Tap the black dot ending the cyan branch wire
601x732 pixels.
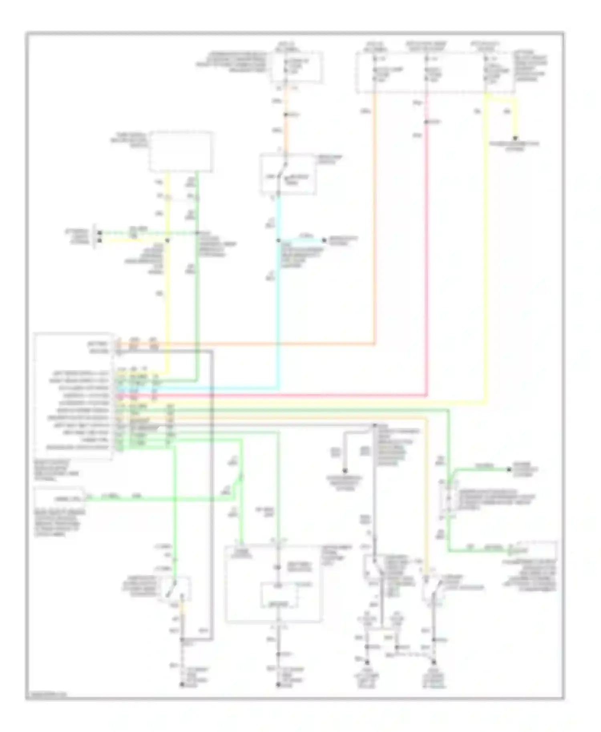point(325,240)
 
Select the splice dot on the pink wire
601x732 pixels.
point(426,121)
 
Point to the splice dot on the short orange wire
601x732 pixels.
point(285,115)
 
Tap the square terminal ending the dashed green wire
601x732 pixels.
point(100,233)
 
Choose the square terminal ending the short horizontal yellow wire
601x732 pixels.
point(100,240)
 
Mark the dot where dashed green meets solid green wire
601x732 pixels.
point(196,233)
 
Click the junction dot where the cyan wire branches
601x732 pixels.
point(278,240)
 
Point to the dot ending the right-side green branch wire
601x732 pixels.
point(509,469)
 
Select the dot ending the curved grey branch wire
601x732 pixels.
point(344,471)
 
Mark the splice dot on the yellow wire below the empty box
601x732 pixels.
point(167,240)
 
